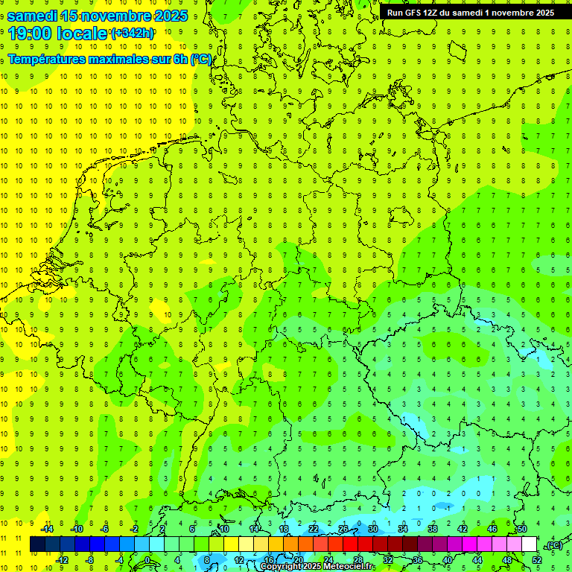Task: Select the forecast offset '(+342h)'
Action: [x=132, y=34]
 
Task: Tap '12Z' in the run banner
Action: [x=438, y=13]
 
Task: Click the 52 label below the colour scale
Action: [x=537, y=560]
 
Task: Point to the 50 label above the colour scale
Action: [x=521, y=529]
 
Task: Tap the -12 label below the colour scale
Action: [x=62, y=560]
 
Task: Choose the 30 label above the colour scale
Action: [x=372, y=529]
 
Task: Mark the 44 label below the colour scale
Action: [x=477, y=560]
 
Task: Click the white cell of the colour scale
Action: [x=529, y=544]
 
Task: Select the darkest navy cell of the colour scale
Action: [x=37, y=544]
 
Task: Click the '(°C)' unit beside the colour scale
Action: [x=553, y=545]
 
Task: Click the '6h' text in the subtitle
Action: [x=181, y=60]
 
